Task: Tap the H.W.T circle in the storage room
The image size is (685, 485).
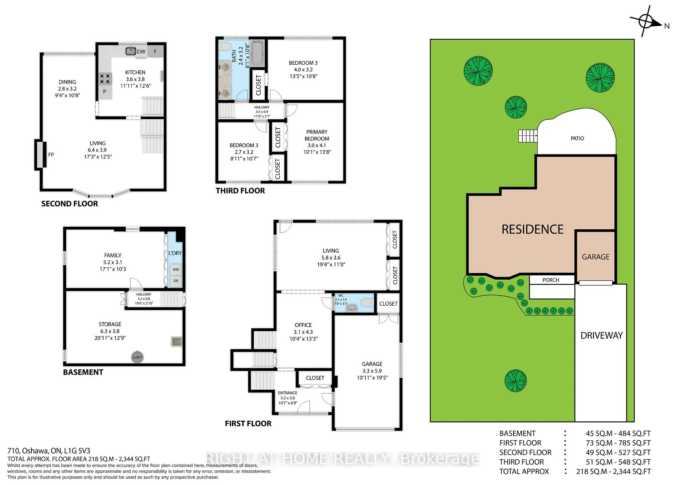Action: coord(137,357)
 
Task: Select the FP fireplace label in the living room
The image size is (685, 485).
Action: coord(51,155)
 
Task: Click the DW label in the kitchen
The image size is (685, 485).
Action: coord(141,51)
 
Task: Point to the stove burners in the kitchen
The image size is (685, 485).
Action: coord(105,78)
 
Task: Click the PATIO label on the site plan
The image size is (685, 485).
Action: coord(577,138)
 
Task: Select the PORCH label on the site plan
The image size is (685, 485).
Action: coord(551,280)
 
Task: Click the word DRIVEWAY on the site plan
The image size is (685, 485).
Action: coord(602,335)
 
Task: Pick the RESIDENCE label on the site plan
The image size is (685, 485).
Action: coord(533,229)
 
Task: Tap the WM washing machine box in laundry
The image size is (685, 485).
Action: coord(176,269)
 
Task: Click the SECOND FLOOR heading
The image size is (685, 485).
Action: coord(70,204)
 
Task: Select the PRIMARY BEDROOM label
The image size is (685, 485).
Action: coord(317,135)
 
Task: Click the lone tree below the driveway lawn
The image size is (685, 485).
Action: coord(516,381)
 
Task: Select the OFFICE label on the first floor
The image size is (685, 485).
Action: coord(303,325)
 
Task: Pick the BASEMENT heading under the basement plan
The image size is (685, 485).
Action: coord(83,372)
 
